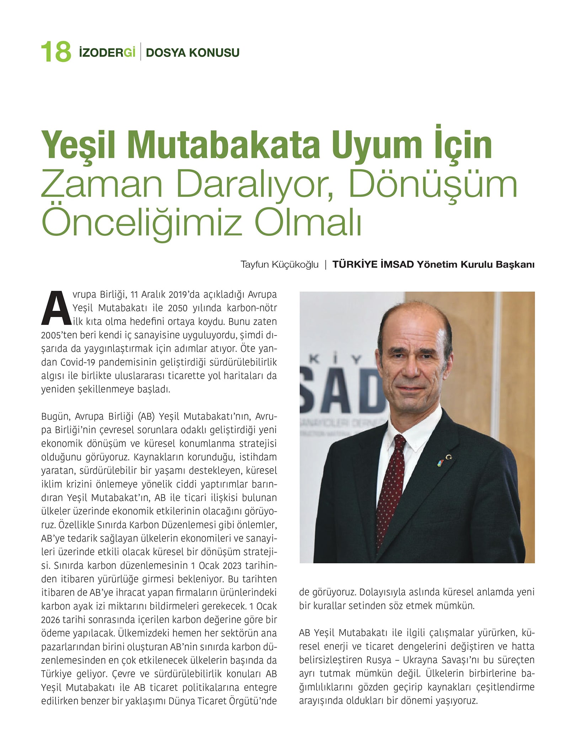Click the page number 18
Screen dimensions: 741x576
pos(56,52)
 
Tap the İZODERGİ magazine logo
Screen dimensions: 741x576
pos(107,52)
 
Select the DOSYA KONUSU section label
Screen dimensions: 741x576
pos(192,53)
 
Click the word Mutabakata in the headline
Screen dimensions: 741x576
pos(224,145)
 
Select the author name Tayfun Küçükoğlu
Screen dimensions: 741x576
pos(279,265)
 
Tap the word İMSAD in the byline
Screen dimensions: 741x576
pos(396,265)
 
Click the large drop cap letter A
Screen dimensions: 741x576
pos(56,309)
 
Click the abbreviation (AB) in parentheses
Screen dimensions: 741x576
pos(146,416)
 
